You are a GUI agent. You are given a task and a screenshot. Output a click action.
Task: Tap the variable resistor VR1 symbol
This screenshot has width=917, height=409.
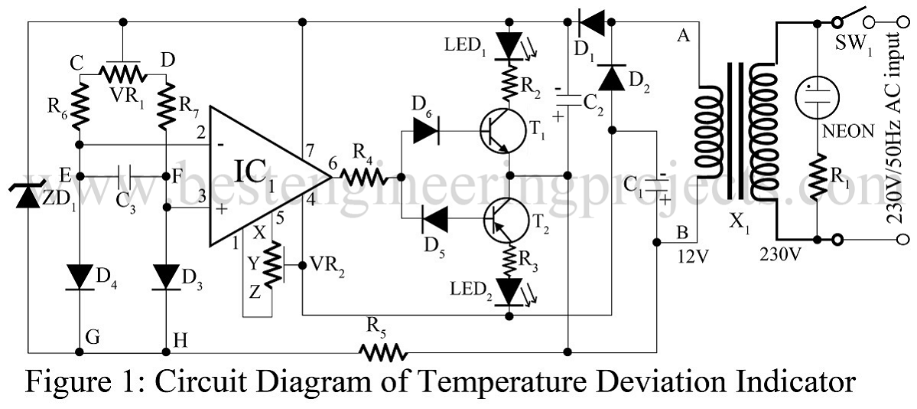coord(124,73)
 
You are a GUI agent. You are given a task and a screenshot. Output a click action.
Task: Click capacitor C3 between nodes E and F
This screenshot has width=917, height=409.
coord(123,177)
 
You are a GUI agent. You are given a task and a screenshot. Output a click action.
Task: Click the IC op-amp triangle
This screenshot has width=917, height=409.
coord(260,177)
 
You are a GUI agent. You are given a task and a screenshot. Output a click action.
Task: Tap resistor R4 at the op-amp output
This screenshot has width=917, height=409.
coord(366,177)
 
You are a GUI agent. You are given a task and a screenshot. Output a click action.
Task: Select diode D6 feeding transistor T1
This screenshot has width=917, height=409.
coord(426,132)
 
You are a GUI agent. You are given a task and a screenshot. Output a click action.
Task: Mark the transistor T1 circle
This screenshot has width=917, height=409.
coord(501,132)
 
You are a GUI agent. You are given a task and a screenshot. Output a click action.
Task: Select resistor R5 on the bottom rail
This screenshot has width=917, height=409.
coord(382,352)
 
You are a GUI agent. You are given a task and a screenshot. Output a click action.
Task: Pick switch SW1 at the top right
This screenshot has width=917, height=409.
coord(850,17)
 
